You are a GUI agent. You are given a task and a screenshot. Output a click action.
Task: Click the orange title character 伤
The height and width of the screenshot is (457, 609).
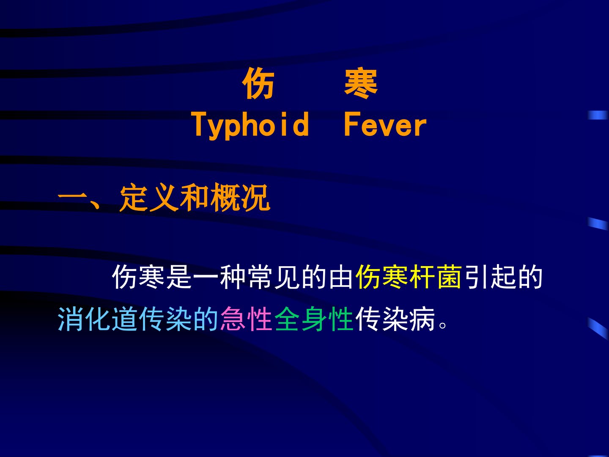[x=258, y=83]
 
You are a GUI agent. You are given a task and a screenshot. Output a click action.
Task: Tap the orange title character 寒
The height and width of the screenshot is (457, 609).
[x=361, y=83]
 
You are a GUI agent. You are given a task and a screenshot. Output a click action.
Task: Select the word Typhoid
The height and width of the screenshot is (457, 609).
[x=250, y=125]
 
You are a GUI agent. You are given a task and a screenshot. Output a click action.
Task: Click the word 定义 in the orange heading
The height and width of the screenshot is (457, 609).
[x=148, y=198]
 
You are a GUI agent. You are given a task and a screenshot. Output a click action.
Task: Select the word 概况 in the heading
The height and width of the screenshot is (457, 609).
[x=240, y=198]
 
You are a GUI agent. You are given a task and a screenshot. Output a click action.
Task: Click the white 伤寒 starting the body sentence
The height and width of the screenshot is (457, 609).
[x=138, y=277]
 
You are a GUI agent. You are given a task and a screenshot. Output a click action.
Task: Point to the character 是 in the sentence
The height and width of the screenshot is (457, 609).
[x=179, y=277]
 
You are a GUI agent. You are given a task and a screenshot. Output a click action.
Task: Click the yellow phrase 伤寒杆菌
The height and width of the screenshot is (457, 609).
[x=409, y=277]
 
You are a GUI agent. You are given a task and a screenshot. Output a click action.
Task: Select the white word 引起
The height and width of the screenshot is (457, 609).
[x=489, y=277]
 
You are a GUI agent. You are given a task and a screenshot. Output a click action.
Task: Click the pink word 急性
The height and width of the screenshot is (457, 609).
[x=246, y=319]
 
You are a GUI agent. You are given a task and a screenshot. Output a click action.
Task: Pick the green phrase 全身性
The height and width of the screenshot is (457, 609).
[x=314, y=319]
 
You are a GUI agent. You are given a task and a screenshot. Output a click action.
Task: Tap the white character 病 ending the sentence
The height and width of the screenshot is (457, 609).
[x=422, y=319]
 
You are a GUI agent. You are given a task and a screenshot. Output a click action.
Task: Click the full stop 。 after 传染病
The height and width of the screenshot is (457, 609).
[x=443, y=325]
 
